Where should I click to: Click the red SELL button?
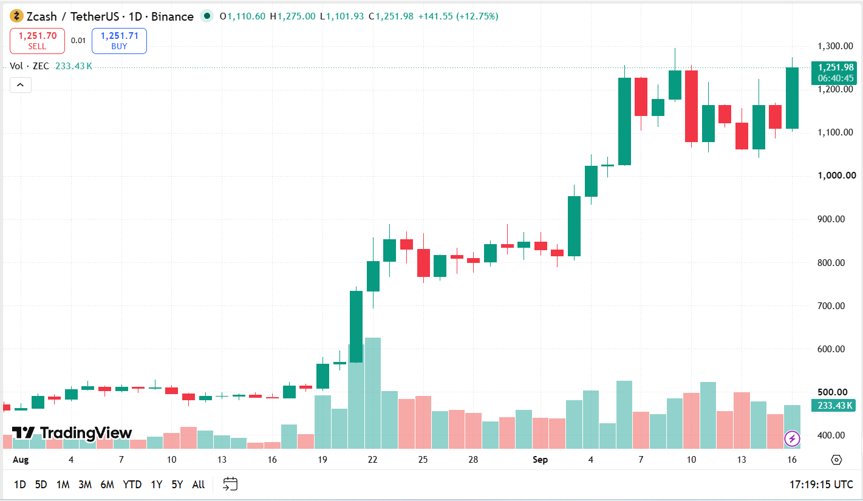pyautogui.click(x=38, y=41)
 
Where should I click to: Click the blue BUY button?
pyautogui.click(x=119, y=41)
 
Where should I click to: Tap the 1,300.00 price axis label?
pyautogui.click(x=835, y=46)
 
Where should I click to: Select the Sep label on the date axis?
pyautogui.click(x=540, y=459)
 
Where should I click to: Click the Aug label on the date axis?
pyautogui.click(x=21, y=460)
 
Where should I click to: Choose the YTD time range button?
pyautogui.click(x=132, y=485)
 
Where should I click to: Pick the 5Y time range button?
pyautogui.click(x=177, y=485)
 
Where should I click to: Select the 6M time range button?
pyautogui.click(x=107, y=485)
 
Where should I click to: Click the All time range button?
pyautogui.click(x=199, y=485)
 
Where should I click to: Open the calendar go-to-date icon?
pyautogui.click(x=230, y=484)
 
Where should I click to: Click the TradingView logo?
pyautogui.click(x=72, y=433)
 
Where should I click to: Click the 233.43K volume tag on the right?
pyautogui.click(x=834, y=406)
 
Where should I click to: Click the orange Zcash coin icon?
pyautogui.click(x=16, y=16)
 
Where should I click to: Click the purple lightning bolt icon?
pyautogui.click(x=792, y=438)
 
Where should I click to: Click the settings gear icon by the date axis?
pyautogui.click(x=836, y=460)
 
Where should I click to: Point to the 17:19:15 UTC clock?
pyautogui.click(x=821, y=485)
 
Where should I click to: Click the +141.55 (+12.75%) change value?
pyautogui.click(x=459, y=16)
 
